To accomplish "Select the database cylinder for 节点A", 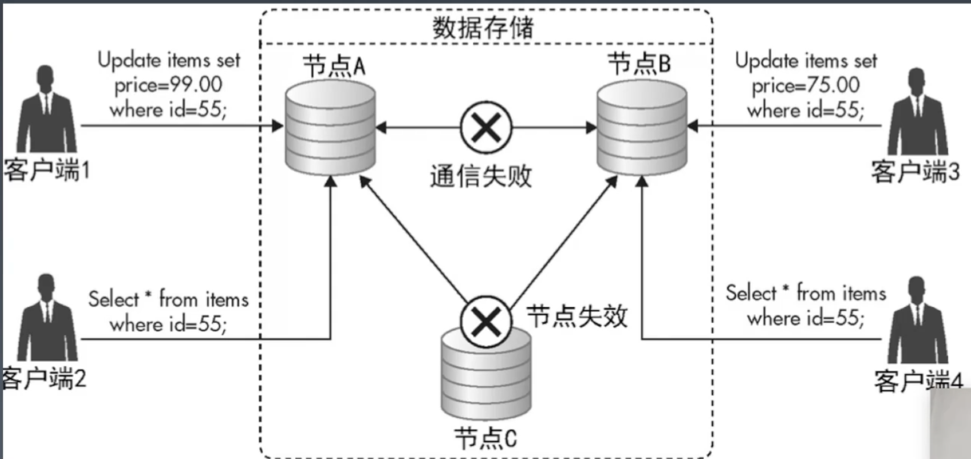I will tap(330, 128).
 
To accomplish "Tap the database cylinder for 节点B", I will tap(642, 128).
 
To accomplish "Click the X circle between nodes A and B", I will tap(486, 127).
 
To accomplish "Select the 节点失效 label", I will tap(577, 316).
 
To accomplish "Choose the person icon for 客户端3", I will tap(917, 112).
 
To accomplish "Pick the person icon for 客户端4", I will tap(917, 321).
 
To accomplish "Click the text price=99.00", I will tap(169, 85).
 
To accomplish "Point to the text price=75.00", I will tap(806, 85).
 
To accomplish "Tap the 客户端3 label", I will tap(915, 172).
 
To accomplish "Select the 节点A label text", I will tap(334, 66).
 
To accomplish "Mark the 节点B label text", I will tap(640, 63).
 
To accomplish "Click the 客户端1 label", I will tap(46, 169).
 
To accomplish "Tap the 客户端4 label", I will tap(919, 381).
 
